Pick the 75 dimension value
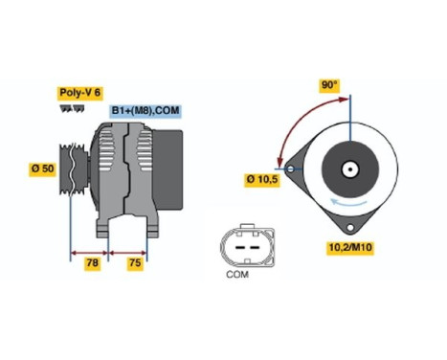(135, 263)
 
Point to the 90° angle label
(329, 85)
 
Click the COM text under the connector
(237, 275)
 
